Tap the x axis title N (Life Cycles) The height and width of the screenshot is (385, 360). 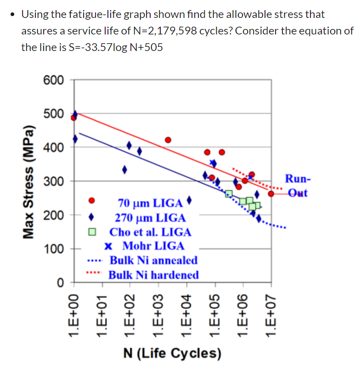[173, 354]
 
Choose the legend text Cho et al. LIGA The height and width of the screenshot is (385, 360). [150, 232]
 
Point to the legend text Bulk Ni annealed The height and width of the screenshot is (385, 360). [153, 260]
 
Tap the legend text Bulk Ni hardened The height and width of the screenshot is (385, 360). [153, 275]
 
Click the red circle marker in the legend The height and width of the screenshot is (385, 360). [92, 200]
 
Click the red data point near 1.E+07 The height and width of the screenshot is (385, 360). [271, 194]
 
